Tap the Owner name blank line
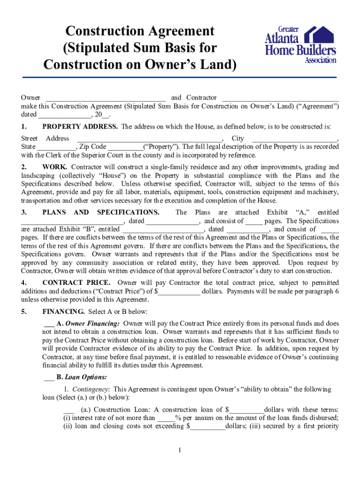coord(105,98)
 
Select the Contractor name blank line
coord(280,98)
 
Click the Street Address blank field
coord(150,139)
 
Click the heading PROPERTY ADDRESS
coord(80,127)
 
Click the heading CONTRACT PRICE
coord(76,283)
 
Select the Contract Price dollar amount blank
coord(180,291)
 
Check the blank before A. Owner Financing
coord(49,323)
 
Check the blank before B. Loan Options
coord(49,377)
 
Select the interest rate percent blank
coord(166,418)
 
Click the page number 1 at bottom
coord(180,450)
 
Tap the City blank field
coord(295,139)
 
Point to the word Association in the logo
coord(320,60)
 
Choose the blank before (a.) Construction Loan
coord(68,410)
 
